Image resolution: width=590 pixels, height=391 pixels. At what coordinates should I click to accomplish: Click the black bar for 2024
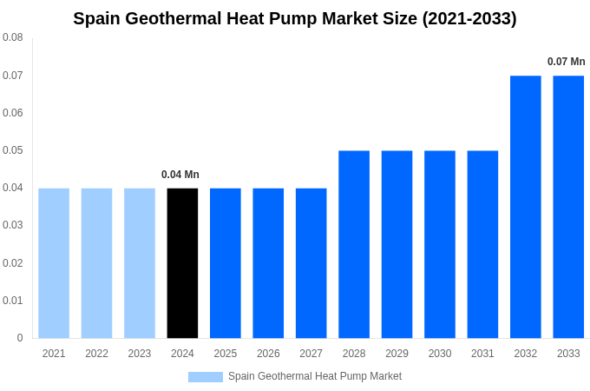tap(182, 263)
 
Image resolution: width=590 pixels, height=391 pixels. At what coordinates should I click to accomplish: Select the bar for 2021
tap(54, 263)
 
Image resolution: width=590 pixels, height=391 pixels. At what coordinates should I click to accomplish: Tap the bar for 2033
tap(568, 207)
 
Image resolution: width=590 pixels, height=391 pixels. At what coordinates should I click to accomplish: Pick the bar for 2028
tap(354, 244)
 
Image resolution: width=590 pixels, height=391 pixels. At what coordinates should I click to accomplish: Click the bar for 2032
tap(526, 207)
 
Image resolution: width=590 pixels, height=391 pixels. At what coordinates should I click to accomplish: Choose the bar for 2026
tap(268, 263)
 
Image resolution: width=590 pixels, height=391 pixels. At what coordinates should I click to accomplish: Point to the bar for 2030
tap(440, 244)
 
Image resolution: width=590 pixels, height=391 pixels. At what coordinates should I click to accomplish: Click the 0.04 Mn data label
tap(180, 175)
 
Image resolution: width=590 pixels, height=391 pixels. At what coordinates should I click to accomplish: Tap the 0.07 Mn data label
tap(566, 62)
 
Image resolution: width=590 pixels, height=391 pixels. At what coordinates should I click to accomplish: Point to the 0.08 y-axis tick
tap(13, 37)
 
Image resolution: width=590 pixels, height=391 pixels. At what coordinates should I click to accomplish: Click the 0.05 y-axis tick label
tap(13, 150)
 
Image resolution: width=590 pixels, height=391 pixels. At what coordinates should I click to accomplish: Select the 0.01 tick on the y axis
tap(13, 301)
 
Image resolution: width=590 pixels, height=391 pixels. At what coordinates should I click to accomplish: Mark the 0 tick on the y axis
tap(20, 338)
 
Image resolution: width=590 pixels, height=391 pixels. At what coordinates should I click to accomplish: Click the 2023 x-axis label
tap(140, 354)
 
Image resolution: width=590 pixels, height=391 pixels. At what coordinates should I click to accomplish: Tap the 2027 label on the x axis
tap(311, 354)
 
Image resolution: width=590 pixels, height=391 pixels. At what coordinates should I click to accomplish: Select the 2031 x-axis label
tap(482, 354)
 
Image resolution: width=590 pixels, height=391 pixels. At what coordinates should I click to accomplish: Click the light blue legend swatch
tap(206, 377)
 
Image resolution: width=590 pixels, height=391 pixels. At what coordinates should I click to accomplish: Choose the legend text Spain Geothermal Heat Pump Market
tap(315, 376)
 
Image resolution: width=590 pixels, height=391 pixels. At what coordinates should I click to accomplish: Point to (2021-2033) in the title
tap(469, 18)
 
